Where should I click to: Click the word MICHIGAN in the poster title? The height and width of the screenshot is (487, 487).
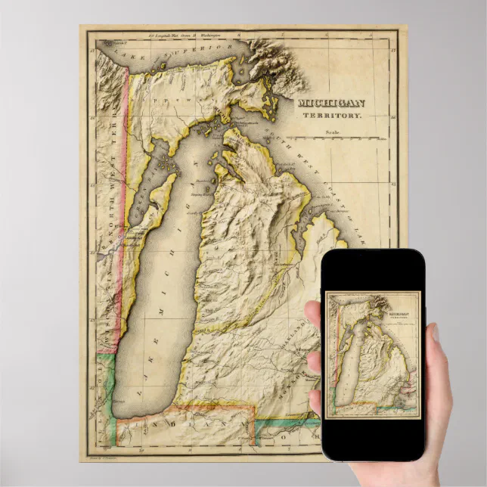coord(330,104)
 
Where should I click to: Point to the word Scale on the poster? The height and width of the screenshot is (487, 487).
coord(333,132)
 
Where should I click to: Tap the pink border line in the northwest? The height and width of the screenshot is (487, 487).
coord(119,227)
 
